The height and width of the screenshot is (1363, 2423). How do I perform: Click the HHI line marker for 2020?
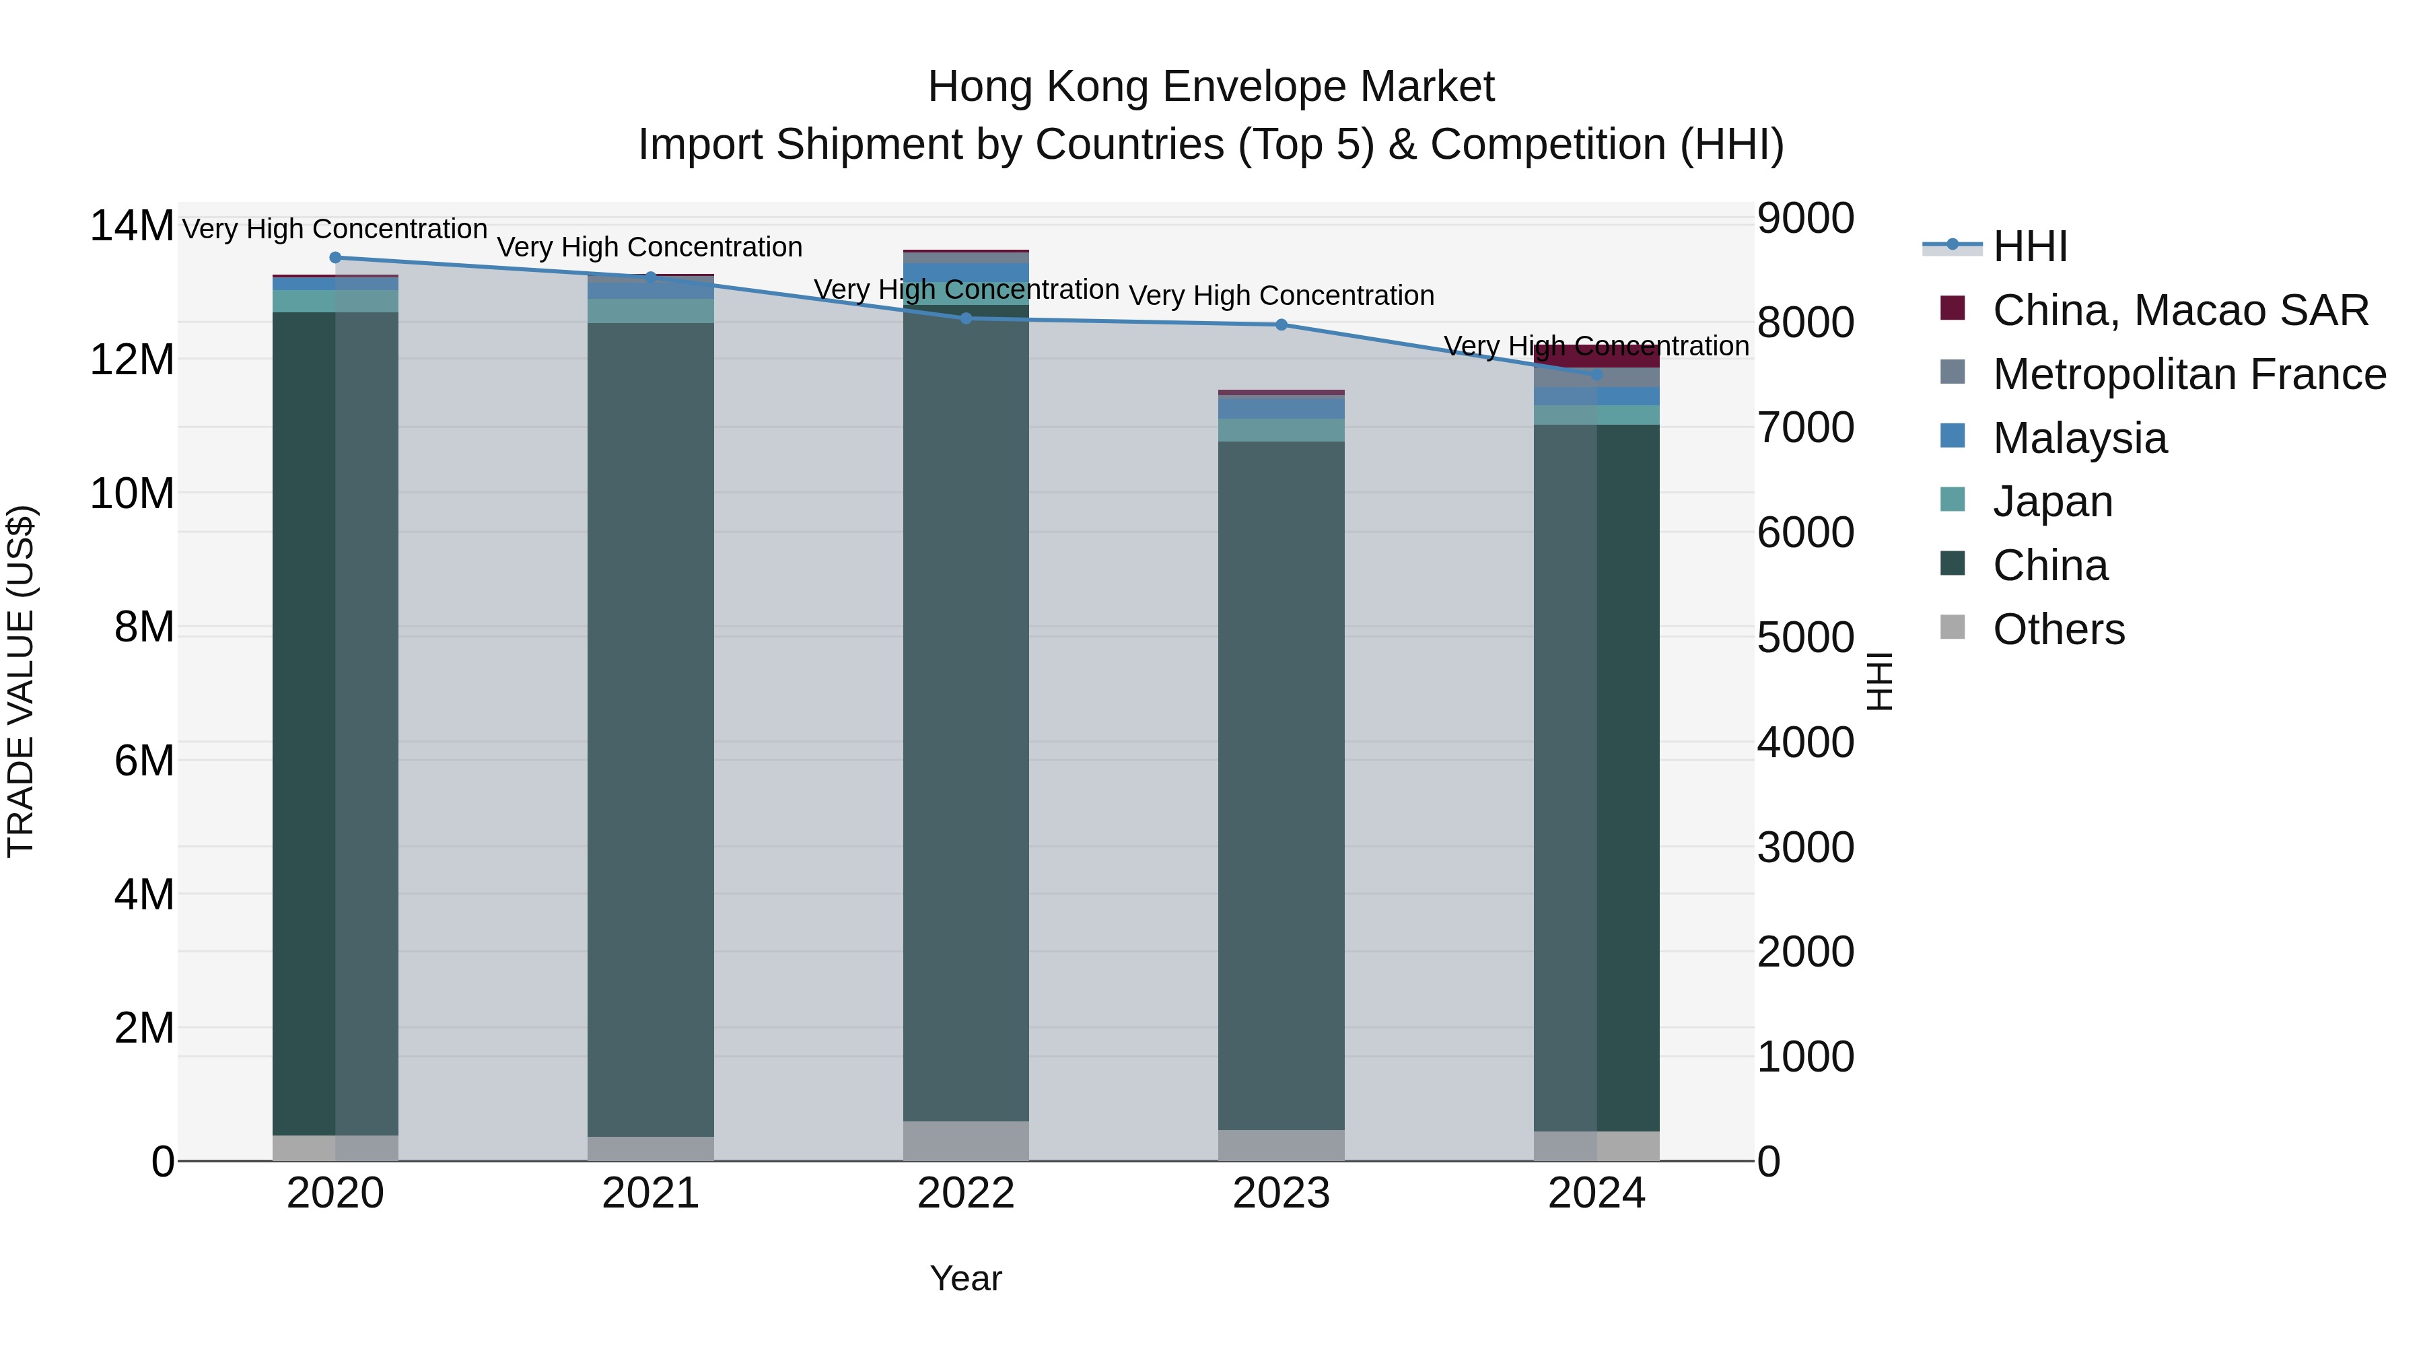tap(335, 257)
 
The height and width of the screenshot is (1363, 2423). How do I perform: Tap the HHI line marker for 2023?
tap(1281, 324)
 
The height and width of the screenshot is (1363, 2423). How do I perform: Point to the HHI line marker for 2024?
tap(1596, 374)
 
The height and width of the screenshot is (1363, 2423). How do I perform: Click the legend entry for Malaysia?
tap(2079, 438)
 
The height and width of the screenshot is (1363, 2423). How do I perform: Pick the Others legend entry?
tap(2058, 629)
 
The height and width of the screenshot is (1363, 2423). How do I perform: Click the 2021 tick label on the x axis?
tap(650, 1193)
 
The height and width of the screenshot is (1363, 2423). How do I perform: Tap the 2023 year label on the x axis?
tap(1281, 1193)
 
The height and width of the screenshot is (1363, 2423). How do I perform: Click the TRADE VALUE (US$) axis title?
tap(22, 681)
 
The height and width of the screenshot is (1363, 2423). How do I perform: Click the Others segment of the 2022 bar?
tap(965, 1140)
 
